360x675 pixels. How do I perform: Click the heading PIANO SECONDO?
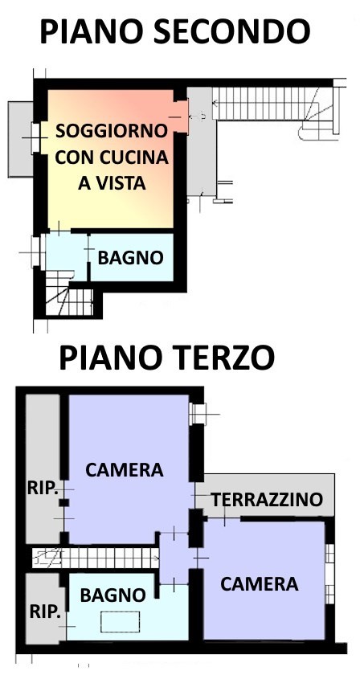point(174,31)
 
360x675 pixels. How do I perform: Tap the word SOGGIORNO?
point(112,130)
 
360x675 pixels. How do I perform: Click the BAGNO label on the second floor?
point(131,258)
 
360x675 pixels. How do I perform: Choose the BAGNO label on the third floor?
point(113,595)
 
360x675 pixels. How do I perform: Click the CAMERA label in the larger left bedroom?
point(125,469)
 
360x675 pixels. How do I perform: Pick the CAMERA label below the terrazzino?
point(260,584)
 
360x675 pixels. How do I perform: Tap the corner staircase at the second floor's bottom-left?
point(68,297)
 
